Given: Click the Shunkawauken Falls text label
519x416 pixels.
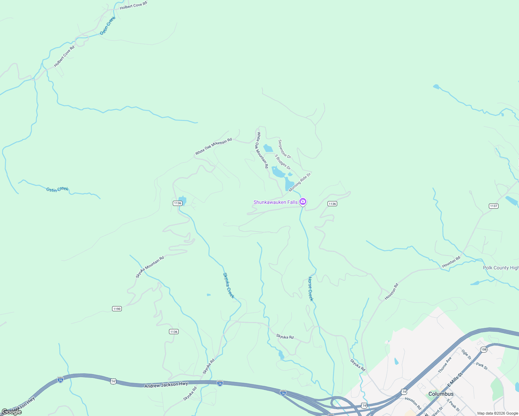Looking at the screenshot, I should pos(275,202).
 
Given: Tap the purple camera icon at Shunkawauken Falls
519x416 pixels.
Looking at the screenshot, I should pos(303,201).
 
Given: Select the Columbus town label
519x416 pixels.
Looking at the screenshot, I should pos(441,394).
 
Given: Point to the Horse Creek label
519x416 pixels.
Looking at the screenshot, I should pos(311,289).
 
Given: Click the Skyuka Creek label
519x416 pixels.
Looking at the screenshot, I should pos(229,285).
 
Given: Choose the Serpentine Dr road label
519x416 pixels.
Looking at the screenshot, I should pos(284,149).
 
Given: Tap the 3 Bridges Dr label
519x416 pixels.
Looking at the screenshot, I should pos(282,162).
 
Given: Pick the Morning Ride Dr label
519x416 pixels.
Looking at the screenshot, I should pos(300,182).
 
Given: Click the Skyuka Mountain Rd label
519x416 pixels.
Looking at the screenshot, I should pos(150,267).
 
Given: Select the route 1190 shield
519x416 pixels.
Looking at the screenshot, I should pos(117,309).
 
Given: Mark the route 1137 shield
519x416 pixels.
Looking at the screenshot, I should pos(494,206).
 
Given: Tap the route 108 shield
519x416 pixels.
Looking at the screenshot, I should pos(484,349).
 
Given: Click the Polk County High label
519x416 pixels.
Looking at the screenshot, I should pos(501,268).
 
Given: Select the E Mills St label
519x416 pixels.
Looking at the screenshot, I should pos(455,380).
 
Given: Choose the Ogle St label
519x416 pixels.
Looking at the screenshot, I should pos(466,354).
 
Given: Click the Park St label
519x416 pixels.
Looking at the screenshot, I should pos(482,366).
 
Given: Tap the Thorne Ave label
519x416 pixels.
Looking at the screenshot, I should pos(444,365).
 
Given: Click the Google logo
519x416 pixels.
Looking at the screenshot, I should pos(11,412).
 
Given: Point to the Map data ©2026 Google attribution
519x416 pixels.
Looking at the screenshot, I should pos(497,413).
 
